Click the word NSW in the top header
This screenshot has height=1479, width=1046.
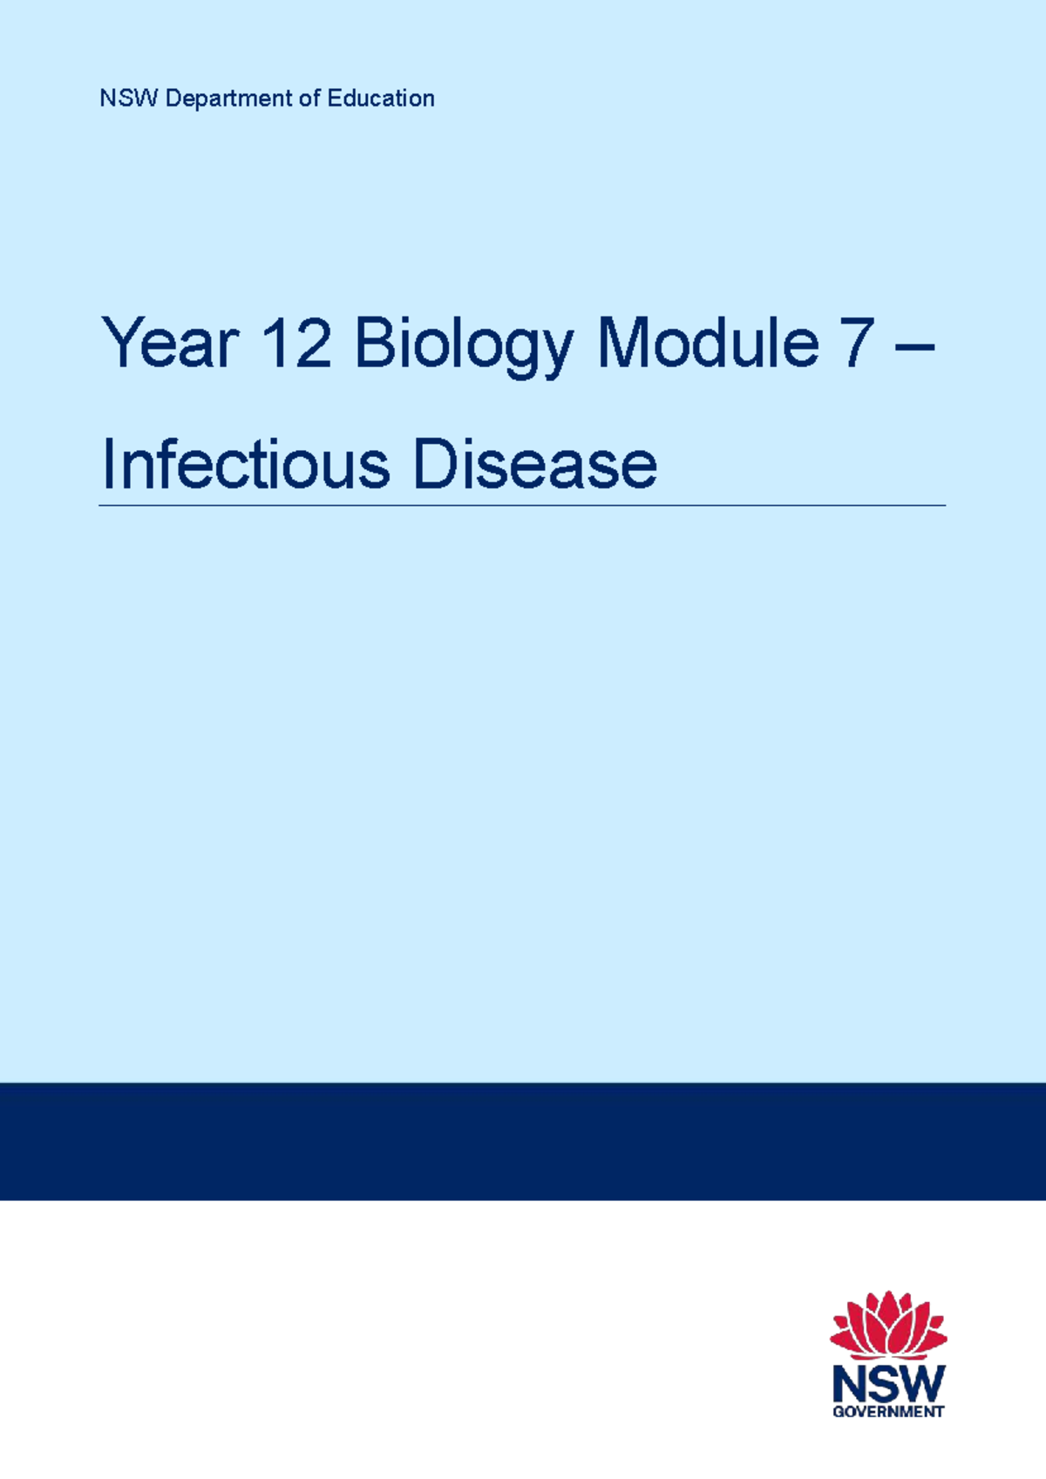[x=128, y=99]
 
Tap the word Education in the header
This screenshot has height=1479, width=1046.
[x=381, y=99]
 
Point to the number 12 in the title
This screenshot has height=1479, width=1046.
[x=296, y=344]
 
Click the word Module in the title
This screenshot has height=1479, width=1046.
[x=707, y=344]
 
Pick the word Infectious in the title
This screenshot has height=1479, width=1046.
[x=245, y=464]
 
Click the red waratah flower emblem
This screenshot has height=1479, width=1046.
[x=887, y=1325]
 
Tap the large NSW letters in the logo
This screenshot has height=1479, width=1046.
[x=887, y=1383]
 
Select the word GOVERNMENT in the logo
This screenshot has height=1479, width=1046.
[x=887, y=1412]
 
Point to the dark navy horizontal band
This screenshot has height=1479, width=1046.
[x=523, y=1141]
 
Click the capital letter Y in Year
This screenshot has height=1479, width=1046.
[x=121, y=344]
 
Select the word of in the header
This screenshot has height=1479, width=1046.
[x=309, y=99]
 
